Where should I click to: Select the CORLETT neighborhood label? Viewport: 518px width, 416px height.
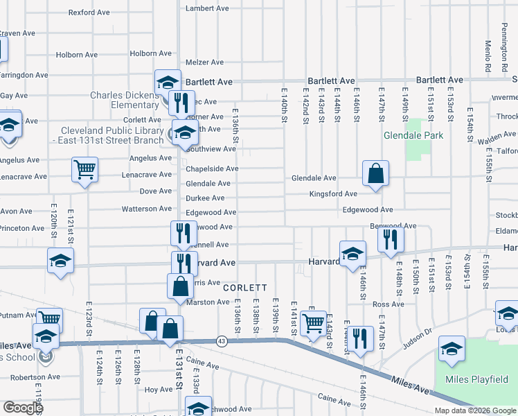click(x=244, y=287)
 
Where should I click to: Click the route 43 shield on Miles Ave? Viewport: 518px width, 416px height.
click(x=222, y=340)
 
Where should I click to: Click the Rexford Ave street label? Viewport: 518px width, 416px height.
click(x=89, y=12)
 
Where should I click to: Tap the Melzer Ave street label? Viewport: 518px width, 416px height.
click(x=204, y=62)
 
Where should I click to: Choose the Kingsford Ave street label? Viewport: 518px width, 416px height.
click(x=333, y=194)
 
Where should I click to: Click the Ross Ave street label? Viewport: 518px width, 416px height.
click(x=388, y=304)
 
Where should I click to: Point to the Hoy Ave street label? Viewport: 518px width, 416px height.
click(x=159, y=390)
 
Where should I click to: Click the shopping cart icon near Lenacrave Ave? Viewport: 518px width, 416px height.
click(x=84, y=169)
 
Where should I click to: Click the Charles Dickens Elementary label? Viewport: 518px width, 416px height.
click(x=124, y=101)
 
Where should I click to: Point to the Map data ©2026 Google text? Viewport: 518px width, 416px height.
click(x=475, y=410)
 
